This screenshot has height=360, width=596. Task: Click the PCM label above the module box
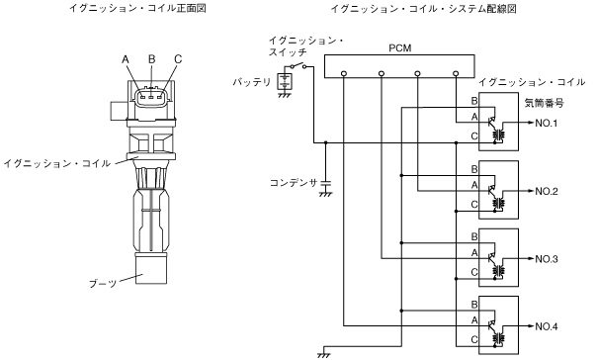pos(400,48)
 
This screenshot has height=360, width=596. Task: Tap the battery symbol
pos(285,81)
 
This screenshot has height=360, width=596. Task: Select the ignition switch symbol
pos(298,65)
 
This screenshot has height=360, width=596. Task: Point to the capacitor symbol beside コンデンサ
pos(325,183)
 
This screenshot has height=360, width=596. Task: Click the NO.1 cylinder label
pos(547,124)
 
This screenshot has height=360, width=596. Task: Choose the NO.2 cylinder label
pos(547,191)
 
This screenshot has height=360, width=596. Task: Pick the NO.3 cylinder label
pos(547,259)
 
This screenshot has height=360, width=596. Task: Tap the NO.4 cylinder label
pos(547,327)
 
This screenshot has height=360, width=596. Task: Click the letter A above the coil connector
pos(126,59)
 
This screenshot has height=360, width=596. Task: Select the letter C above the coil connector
pos(178,59)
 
